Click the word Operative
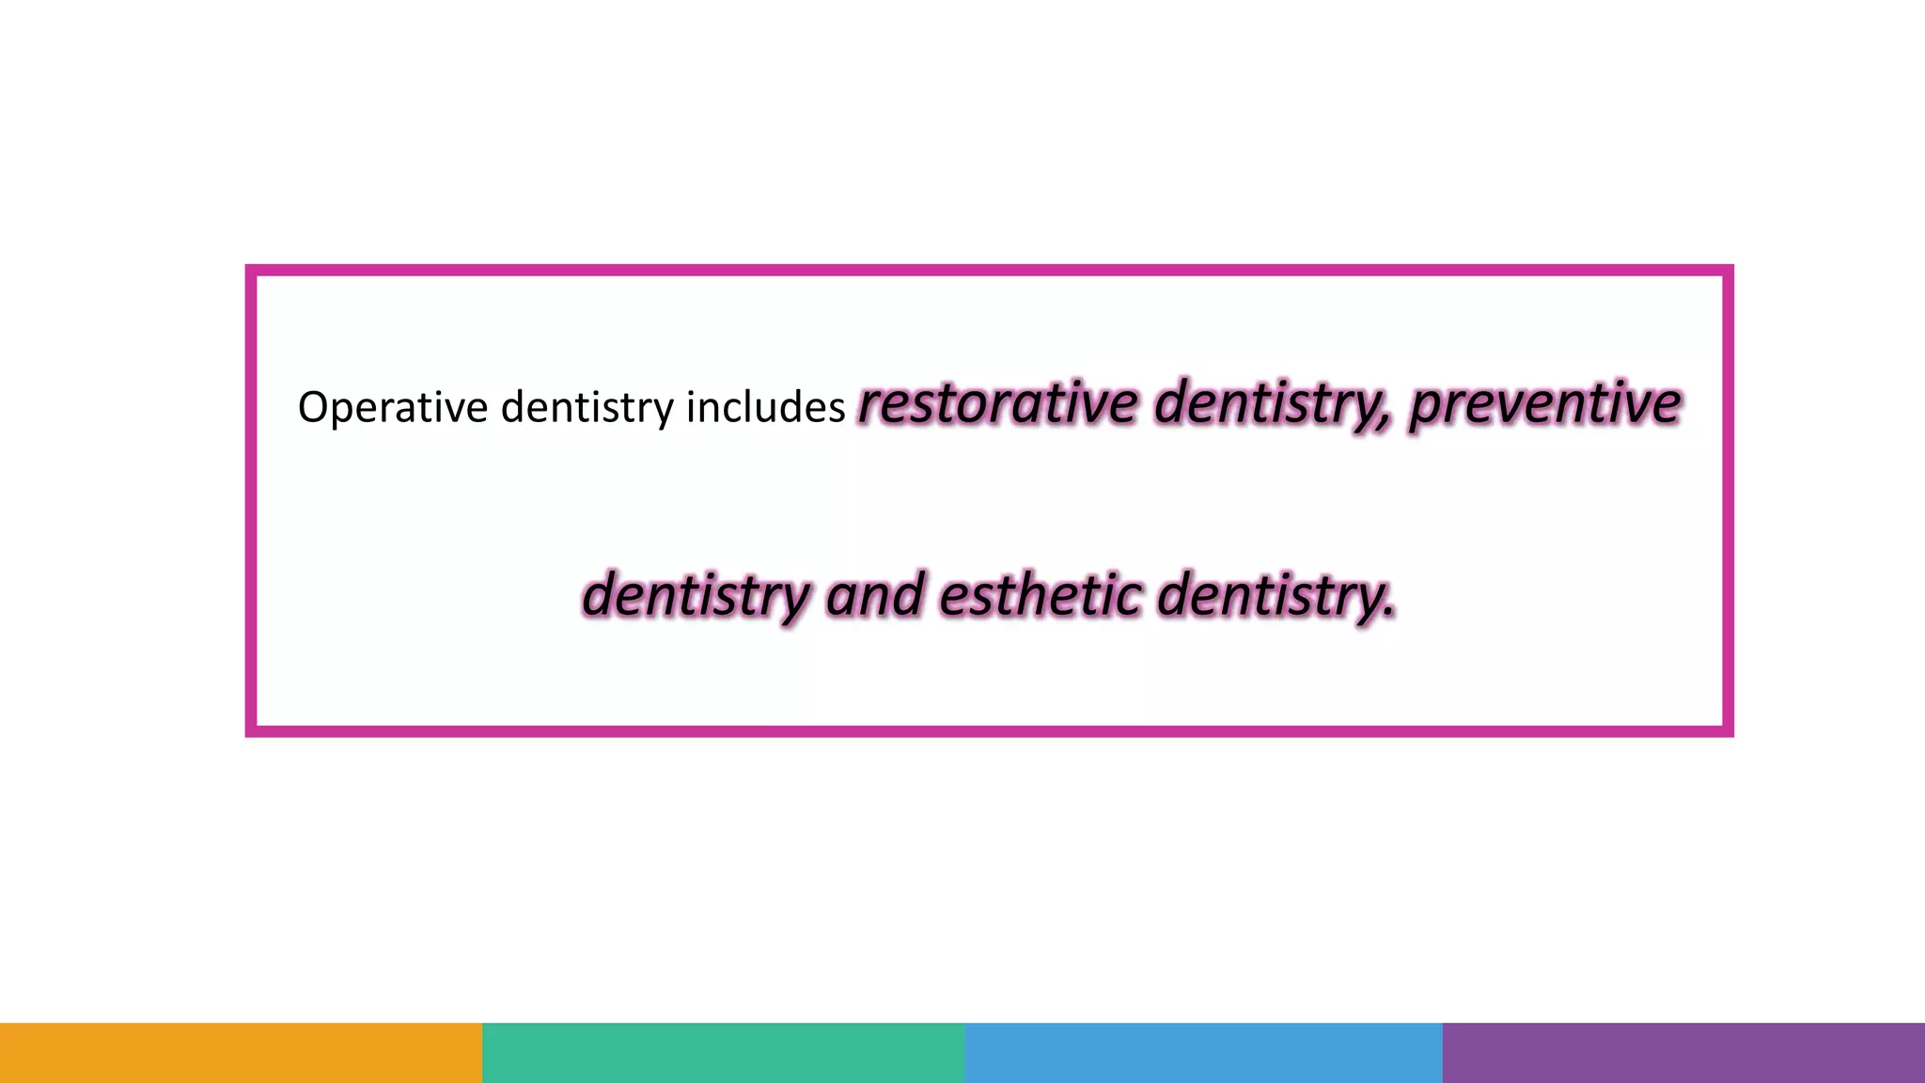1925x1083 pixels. (x=392, y=408)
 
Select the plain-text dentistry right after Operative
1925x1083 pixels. (x=587, y=408)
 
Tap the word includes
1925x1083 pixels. (x=765, y=408)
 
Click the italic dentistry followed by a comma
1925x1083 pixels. (x=1269, y=405)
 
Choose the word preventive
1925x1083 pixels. (x=1544, y=405)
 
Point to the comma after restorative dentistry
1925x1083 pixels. (x=1385, y=425)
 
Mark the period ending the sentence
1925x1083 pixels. (x=1389, y=616)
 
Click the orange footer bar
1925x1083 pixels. (x=241, y=1052)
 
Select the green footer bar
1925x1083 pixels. (x=723, y=1052)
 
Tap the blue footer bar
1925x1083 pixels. (x=1203, y=1052)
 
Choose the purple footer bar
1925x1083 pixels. (x=1683, y=1052)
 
